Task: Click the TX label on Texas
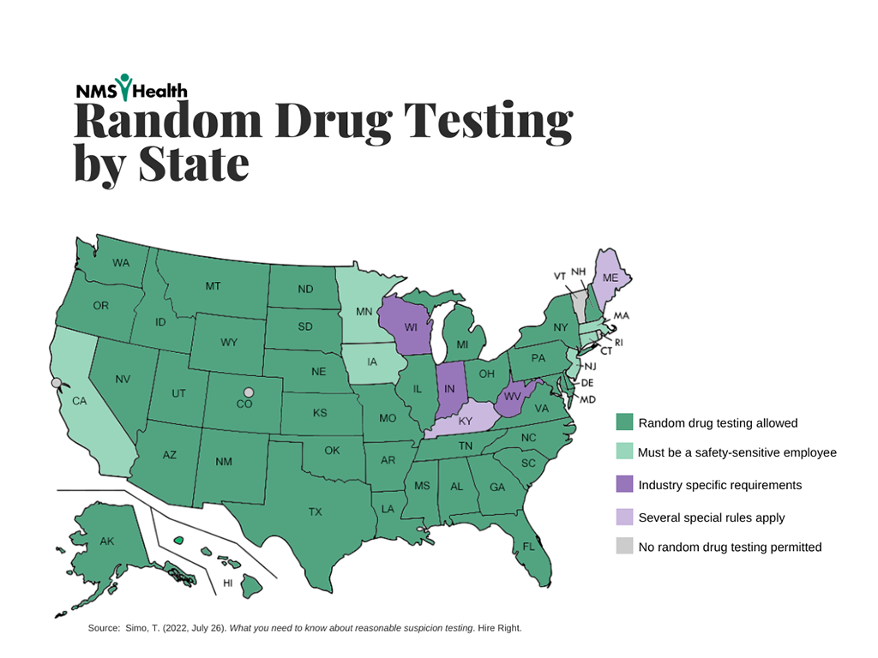tap(316, 511)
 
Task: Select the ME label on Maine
tap(610, 278)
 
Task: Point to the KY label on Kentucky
tap(466, 422)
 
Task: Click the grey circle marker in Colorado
tap(249, 392)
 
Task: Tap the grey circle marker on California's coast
tap(57, 383)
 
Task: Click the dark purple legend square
tap(624, 485)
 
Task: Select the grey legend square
tap(624, 547)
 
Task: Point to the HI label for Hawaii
tap(228, 583)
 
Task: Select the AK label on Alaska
tap(107, 541)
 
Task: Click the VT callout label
tap(559, 276)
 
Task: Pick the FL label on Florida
tap(528, 545)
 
